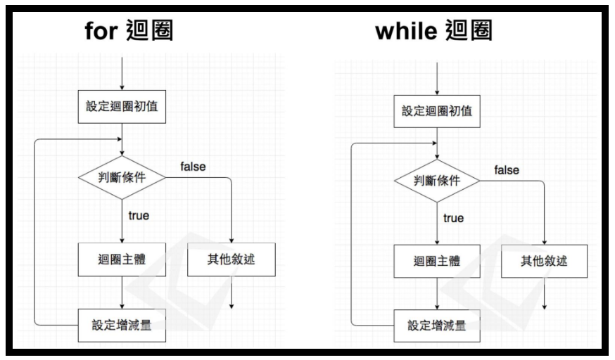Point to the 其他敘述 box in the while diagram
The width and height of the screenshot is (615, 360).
click(544, 262)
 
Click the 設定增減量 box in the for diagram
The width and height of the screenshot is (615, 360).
click(122, 325)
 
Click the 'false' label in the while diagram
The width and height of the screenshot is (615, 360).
click(507, 170)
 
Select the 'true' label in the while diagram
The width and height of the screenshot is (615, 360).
click(453, 218)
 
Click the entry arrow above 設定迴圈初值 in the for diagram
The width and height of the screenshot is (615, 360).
click(122, 75)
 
